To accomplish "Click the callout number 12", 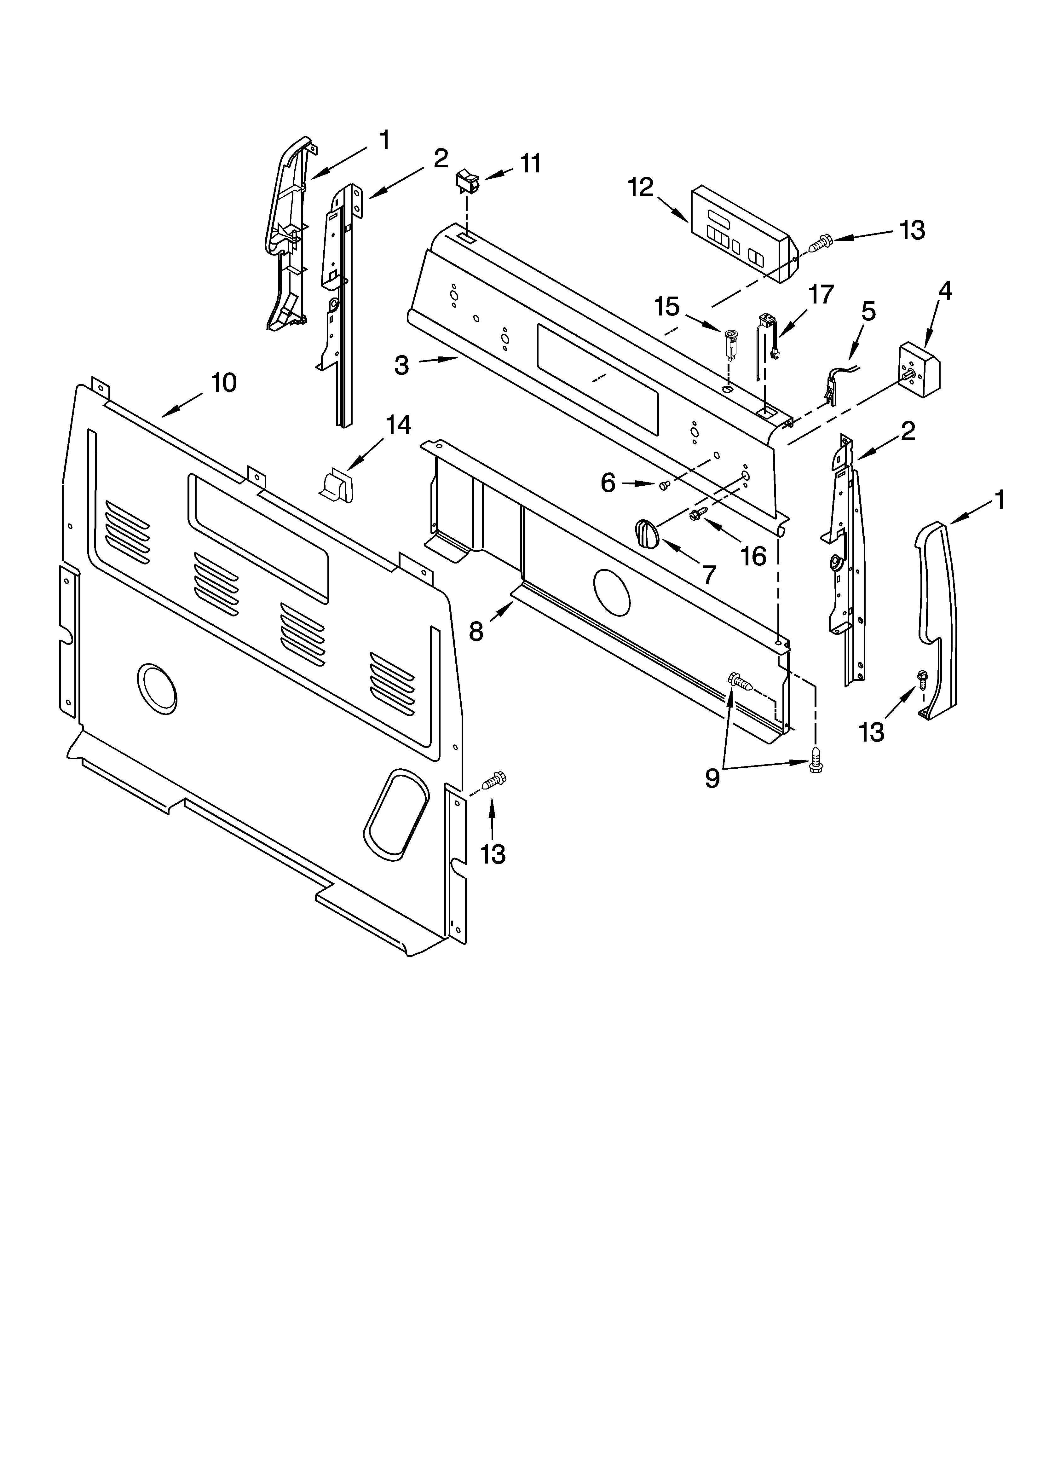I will click(x=641, y=188).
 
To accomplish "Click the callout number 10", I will click(x=224, y=383).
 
